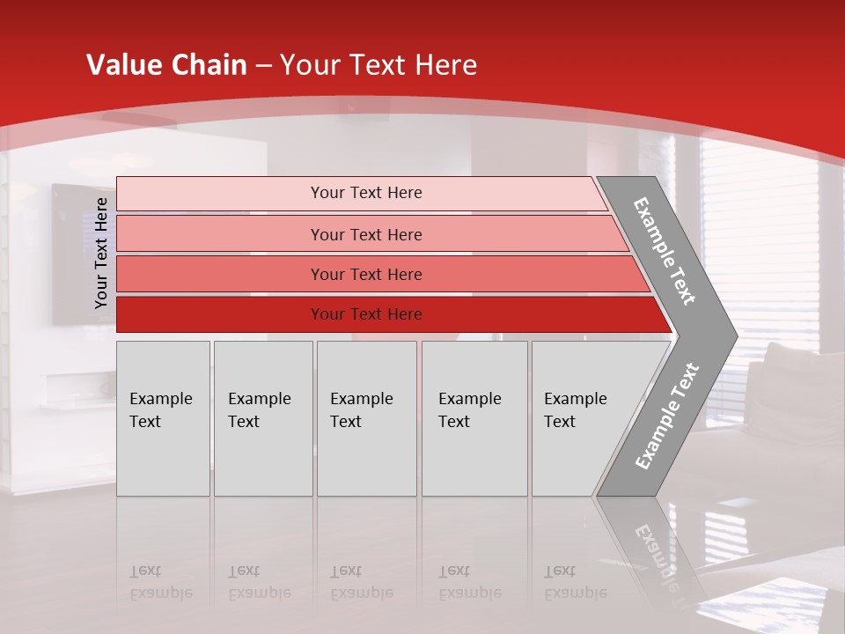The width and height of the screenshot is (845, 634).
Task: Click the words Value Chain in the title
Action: point(166,65)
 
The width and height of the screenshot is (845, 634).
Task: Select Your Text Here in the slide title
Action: point(378,65)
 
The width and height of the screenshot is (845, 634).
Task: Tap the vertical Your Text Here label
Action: point(101,253)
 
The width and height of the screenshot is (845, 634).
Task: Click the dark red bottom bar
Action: point(220,314)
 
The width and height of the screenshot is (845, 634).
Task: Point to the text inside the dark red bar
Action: point(366,314)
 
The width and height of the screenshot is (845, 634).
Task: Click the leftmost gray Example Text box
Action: point(163,418)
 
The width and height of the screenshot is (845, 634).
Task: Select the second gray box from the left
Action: point(262,418)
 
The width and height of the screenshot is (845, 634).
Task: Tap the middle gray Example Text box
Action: point(366,418)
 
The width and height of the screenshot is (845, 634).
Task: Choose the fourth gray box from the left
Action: point(474,418)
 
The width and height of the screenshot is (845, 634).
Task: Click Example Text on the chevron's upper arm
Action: point(665,251)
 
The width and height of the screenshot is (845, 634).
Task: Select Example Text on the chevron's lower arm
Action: point(667,416)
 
